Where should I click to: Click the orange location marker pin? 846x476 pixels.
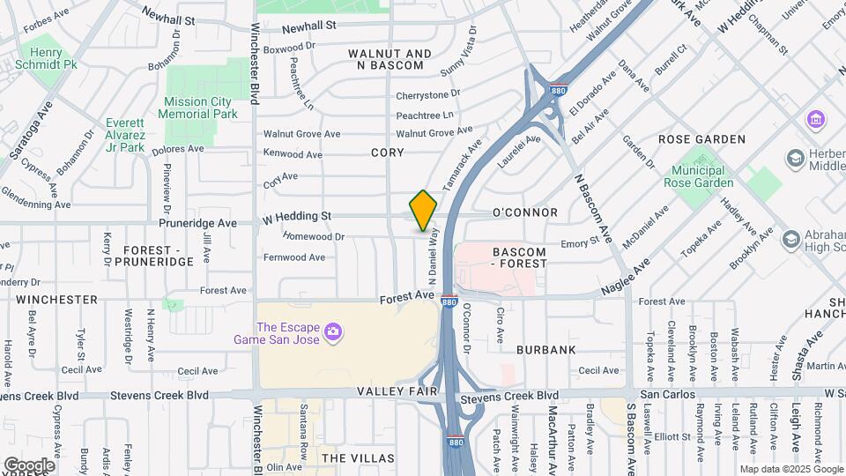point(423,211)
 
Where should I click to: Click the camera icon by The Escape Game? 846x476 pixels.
point(332,331)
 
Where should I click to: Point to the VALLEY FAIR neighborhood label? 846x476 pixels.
point(392,390)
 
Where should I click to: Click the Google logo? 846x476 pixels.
point(29,465)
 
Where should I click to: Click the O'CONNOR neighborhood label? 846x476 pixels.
point(524,212)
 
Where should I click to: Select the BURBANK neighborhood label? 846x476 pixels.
point(545,350)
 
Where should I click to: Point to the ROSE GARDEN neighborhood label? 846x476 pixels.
point(701,139)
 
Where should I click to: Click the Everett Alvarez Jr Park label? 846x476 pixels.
point(125,135)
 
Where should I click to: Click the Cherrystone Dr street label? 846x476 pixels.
point(428,93)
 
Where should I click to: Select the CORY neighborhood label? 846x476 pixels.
point(387,152)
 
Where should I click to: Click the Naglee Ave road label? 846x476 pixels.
point(626,276)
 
